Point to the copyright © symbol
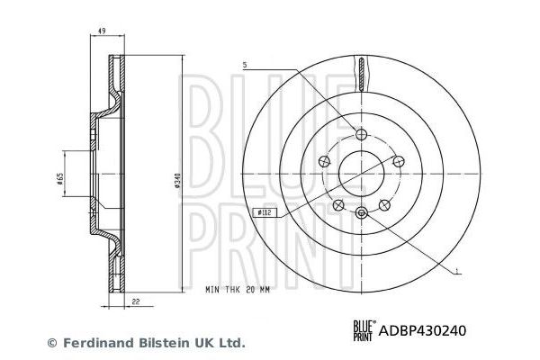pos(51,343)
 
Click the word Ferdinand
pos(94,343)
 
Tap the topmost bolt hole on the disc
pos(361,134)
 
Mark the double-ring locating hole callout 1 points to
pos(361,212)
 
